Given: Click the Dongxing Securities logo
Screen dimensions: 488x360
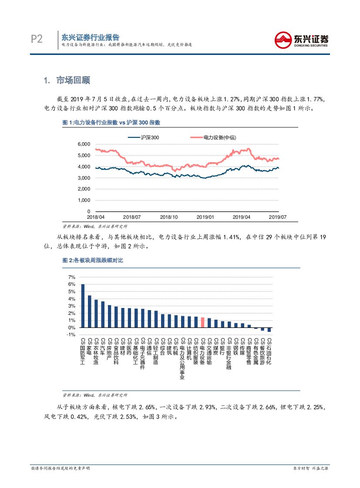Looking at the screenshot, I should click(302, 40).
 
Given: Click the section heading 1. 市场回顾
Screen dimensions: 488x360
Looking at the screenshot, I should click(73, 80).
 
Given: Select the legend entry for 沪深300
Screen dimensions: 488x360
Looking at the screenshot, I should click(144, 137).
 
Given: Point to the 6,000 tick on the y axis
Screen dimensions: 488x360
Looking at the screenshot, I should click(84, 144).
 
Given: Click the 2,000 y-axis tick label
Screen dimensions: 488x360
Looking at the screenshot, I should click(84, 189).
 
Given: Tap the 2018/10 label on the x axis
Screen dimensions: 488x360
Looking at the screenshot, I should click(168, 217).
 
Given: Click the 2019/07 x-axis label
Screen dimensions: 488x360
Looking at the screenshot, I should click(277, 217).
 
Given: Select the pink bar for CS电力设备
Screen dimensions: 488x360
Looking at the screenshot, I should click(202, 322).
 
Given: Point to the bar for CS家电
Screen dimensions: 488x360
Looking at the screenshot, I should click(90, 311).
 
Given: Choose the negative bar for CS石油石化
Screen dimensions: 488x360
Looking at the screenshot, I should click(269, 330).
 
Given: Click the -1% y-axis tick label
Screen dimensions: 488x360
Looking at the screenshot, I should click(71, 334).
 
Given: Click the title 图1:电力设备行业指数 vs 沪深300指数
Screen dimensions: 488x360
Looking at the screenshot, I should click(111, 123).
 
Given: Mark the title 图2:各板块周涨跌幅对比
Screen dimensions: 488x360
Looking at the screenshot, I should click(93, 261).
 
